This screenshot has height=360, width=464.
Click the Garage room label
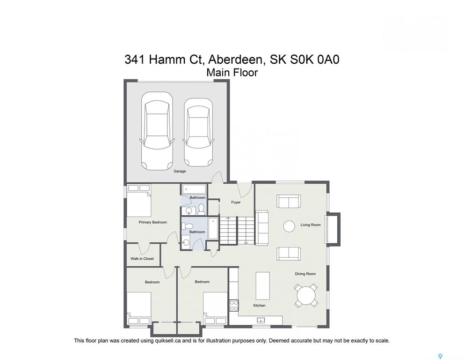(180, 171)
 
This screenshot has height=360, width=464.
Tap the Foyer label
(236, 202)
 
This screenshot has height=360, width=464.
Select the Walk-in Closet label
(142, 259)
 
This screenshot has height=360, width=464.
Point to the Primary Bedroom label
(152, 222)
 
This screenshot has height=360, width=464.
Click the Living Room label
(311, 225)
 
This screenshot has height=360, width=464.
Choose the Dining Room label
(305, 274)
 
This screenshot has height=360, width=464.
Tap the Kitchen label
(259, 306)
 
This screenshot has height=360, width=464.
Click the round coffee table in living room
(289, 226)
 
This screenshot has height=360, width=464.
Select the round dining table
(306, 295)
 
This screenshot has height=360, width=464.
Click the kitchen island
(263, 286)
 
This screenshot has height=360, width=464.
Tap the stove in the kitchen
(234, 306)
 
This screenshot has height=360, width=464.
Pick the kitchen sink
(261, 320)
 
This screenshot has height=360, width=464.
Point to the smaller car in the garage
(198, 132)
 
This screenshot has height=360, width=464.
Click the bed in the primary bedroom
(139, 200)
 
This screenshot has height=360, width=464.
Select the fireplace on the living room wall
(333, 229)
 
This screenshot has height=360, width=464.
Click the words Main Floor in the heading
(232, 72)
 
